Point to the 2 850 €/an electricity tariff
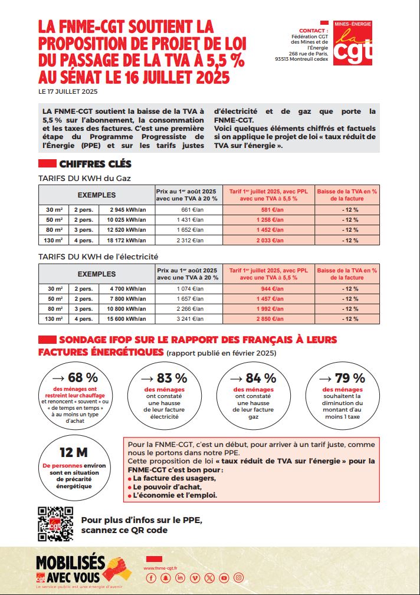click(x=268, y=319)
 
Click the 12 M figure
click(x=74, y=453)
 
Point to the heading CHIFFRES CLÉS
click(x=95, y=164)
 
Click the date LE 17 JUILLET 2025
click(x=68, y=91)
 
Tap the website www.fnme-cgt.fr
click(x=161, y=568)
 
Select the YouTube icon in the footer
click(x=224, y=578)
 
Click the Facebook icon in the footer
click(x=150, y=578)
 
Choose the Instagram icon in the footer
click(x=238, y=578)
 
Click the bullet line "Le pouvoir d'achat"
click(x=169, y=487)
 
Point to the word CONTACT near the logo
click(x=313, y=30)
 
